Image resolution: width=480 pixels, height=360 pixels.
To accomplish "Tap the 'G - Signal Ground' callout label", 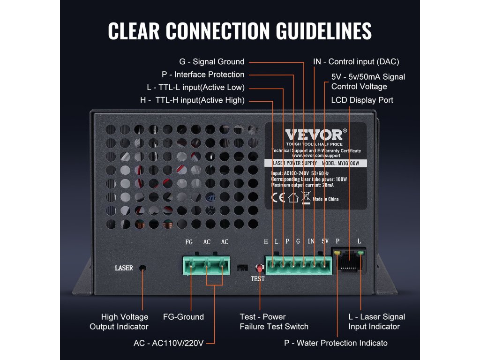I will tap(212, 61).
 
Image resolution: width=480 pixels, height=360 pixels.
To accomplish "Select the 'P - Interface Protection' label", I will tap(203, 74).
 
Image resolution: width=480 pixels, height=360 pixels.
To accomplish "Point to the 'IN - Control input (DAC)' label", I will tap(356, 61).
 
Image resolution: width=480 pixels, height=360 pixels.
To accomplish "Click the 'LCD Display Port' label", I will tap(362, 100).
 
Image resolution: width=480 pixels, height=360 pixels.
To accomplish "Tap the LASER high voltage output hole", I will tap(143, 268).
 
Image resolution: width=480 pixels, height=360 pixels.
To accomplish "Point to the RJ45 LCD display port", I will tap(348, 261).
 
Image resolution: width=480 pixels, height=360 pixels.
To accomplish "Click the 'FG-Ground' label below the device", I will tap(183, 317).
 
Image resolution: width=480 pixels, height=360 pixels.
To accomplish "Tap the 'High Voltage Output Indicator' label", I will tap(119, 322).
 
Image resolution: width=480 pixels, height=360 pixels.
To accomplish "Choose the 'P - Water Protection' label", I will tap(336, 343).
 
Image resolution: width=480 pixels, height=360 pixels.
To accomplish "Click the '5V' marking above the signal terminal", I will tap(324, 241).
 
